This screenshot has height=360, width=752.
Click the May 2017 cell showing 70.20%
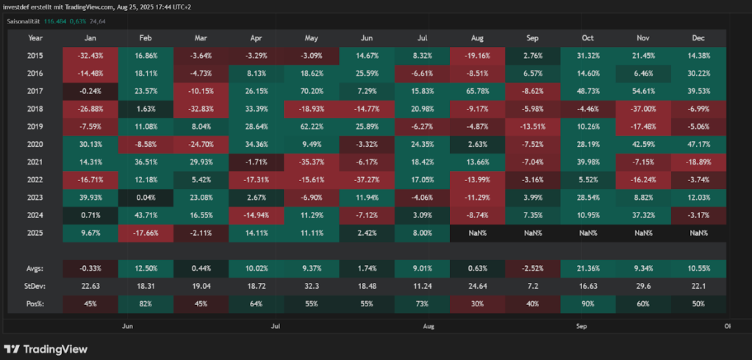point(312,91)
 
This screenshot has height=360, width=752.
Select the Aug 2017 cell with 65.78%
point(477,91)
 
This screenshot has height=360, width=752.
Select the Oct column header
point(587,37)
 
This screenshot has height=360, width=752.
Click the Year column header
point(35,37)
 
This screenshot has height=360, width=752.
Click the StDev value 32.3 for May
point(312,285)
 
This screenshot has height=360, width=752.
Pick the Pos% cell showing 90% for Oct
point(587,303)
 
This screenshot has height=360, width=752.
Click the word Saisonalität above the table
point(24,21)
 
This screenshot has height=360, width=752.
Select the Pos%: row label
point(35,303)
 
